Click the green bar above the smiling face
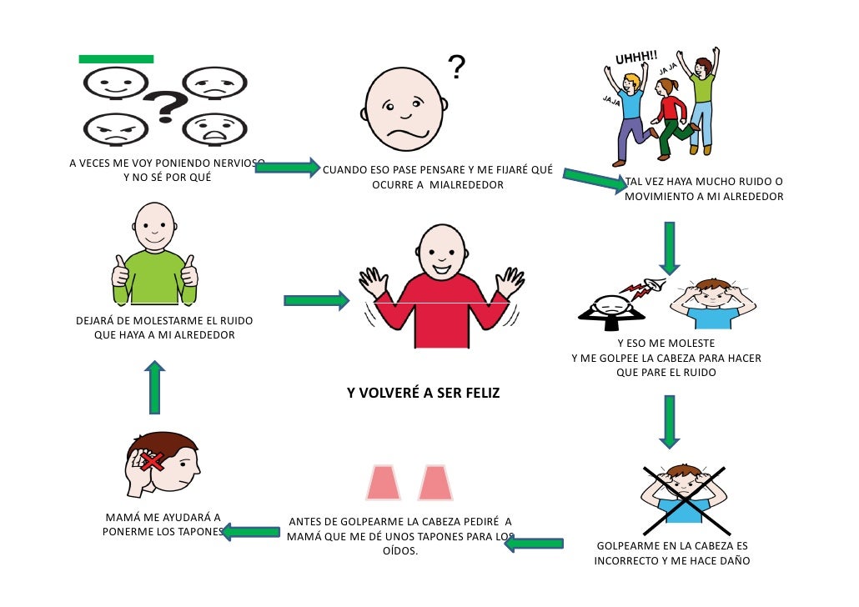[116, 59]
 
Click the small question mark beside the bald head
[456, 67]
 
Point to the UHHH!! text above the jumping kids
[636, 58]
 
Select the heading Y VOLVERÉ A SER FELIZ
[423, 393]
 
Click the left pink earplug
[383, 483]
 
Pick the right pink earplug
[435, 483]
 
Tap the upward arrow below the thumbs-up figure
[154, 387]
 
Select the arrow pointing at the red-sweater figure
[316, 300]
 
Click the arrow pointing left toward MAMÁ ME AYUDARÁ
[250, 532]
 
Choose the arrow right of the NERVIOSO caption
[287, 168]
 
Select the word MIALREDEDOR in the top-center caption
[466, 185]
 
